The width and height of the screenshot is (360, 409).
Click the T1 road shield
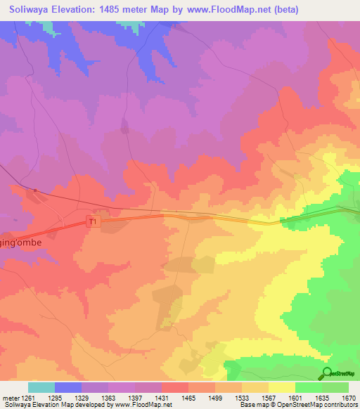point(92,221)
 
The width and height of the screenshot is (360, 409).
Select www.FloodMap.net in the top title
point(224,10)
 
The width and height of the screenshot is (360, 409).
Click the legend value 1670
point(349,397)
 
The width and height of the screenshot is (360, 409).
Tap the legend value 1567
point(269,397)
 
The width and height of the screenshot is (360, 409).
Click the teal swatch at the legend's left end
point(41,387)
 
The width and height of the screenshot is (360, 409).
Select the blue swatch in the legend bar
point(68,387)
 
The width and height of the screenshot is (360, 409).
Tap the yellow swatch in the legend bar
point(282,387)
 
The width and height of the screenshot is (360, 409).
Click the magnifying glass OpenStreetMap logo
point(326,372)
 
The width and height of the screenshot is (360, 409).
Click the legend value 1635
point(322,397)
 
